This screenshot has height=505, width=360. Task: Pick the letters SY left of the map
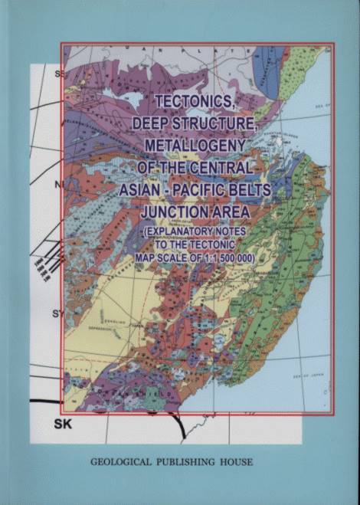pyautogui.click(x=56, y=314)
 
